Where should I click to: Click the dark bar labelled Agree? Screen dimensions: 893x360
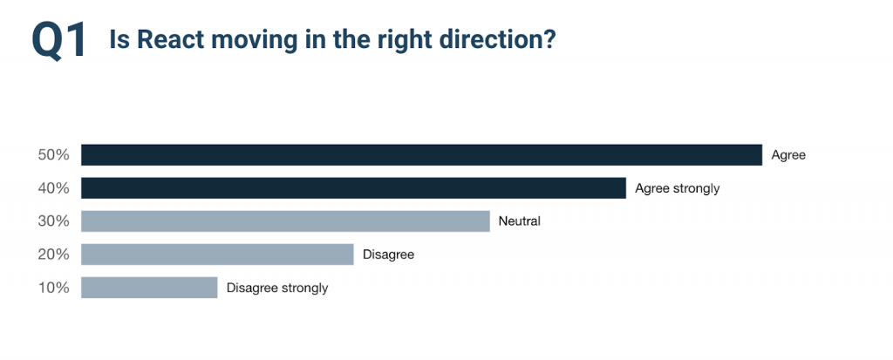click(421, 155)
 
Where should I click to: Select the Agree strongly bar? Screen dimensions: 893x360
click(353, 188)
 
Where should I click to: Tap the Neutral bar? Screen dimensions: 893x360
click(285, 221)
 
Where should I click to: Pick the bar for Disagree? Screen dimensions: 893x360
click(217, 254)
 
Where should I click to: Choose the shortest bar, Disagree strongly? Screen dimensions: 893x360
click(149, 287)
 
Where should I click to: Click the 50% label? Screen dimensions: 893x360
click(53, 155)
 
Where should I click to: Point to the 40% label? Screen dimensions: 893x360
click(53, 188)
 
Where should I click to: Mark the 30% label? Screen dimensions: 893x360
click(53, 221)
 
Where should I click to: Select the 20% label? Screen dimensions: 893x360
click(53, 254)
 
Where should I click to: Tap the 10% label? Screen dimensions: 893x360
click(53, 287)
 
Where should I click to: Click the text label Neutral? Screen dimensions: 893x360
click(520, 221)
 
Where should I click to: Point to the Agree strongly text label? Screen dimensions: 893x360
click(677, 188)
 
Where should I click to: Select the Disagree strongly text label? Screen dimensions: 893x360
click(277, 289)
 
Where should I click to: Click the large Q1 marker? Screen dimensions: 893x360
click(58, 40)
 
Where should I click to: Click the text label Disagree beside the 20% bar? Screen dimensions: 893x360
click(388, 255)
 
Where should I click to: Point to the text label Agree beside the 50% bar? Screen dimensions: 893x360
click(788, 155)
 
